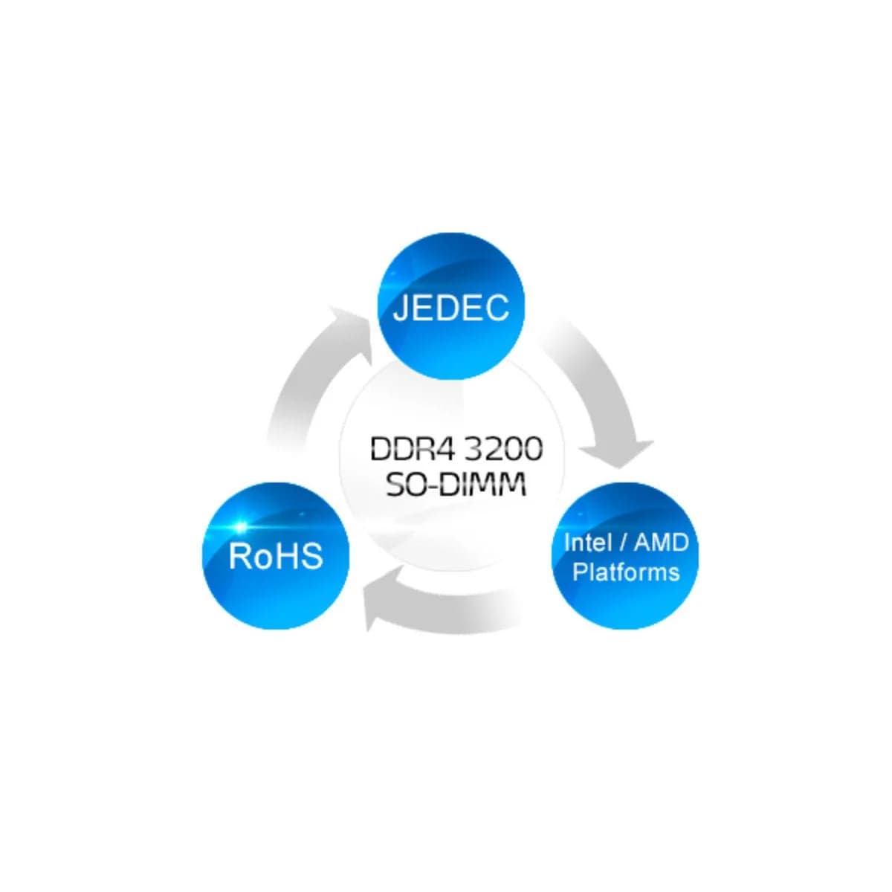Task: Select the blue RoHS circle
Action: pyautogui.click(x=276, y=556)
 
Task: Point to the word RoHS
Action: pyautogui.click(x=276, y=556)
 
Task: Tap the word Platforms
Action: pyautogui.click(x=626, y=572)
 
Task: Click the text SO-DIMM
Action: pyautogui.click(x=456, y=485)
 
